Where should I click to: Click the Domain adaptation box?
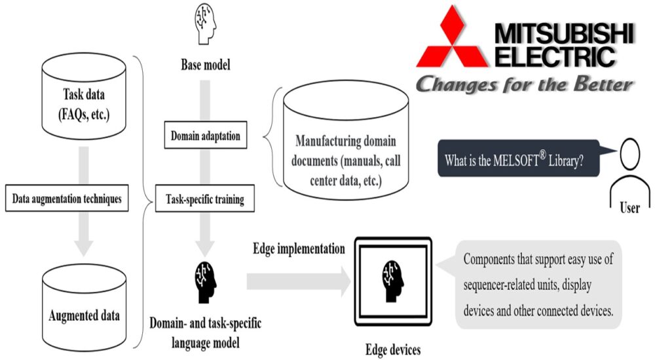206,135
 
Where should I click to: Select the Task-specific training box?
204,198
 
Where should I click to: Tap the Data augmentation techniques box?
67,198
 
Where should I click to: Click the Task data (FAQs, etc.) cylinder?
84,96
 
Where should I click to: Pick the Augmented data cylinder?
84,306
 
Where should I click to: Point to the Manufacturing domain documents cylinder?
346,142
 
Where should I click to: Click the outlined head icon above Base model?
206,24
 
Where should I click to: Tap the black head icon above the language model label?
206,283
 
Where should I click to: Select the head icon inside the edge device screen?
393,281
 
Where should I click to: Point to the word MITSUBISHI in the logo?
565,33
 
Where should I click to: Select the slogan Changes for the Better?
524,84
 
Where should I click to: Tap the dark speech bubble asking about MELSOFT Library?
519,158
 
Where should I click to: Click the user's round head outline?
629,154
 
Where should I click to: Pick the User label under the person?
629,207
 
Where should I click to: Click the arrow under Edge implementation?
299,281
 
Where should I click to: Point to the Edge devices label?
393,349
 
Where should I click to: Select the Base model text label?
206,64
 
